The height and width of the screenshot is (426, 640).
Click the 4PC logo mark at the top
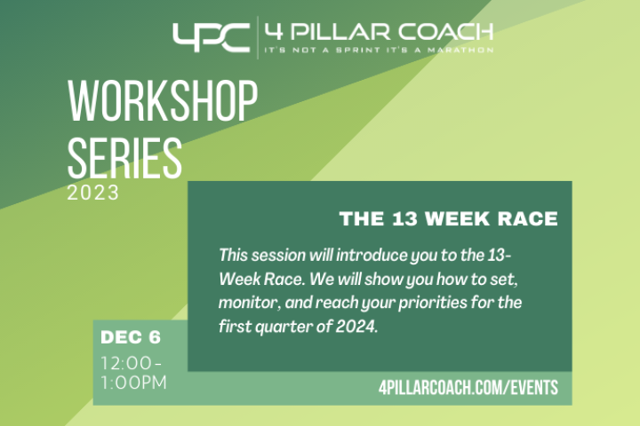click(x=211, y=37)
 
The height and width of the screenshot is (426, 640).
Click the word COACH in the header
click(x=445, y=32)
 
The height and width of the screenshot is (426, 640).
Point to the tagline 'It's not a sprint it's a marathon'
click(x=379, y=50)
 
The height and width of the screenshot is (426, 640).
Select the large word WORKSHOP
click(x=163, y=100)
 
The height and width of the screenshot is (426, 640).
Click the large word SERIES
click(x=124, y=157)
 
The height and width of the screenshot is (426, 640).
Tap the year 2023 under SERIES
click(x=93, y=193)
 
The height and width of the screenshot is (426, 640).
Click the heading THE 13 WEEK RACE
click(x=449, y=218)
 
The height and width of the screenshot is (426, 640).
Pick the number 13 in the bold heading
click(x=405, y=218)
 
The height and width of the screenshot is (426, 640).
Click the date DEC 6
click(x=131, y=337)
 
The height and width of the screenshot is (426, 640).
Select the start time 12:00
click(x=126, y=363)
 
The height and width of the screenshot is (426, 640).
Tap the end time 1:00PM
click(x=134, y=383)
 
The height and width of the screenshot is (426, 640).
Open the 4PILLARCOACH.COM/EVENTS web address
click(x=468, y=387)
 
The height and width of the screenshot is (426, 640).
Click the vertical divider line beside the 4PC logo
click(x=258, y=37)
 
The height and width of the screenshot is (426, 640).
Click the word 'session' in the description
click(x=278, y=256)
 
